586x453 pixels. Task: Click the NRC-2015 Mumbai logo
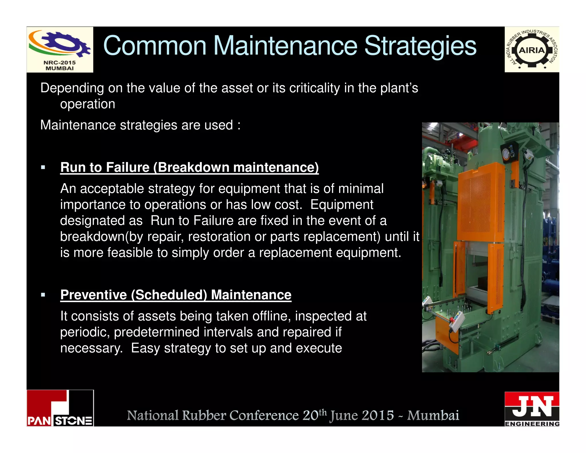[x=60, y=50]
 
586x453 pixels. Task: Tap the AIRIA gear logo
[x=532, y=50]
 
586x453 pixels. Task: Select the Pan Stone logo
[x=60, y=408]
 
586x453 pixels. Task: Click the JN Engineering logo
[x=532, y=409]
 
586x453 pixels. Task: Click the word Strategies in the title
[x=420, y=46]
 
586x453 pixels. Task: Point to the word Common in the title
[x=155, y=46]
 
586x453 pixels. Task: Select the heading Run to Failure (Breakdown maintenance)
[x=189, y=167]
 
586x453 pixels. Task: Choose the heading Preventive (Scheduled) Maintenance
[x=176, y=295]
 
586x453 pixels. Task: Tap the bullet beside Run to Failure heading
[x=43, y=168]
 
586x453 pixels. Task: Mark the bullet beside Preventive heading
[x=43, y=295]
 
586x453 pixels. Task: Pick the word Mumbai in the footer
[x=433, y=415]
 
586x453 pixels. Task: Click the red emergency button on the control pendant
[x=452, y=319]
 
